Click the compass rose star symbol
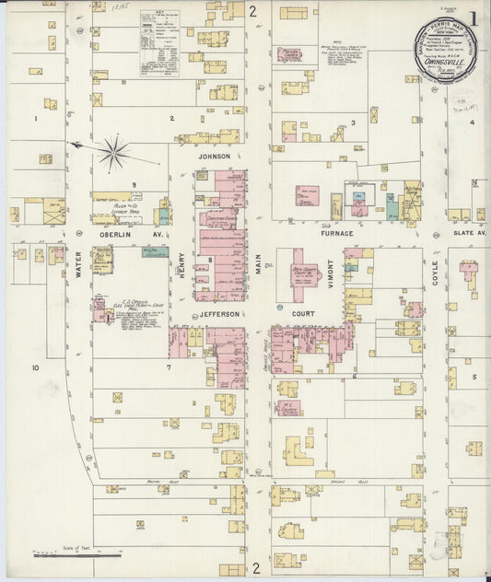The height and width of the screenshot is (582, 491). tap(114, 154)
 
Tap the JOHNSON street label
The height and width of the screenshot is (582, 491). tap(214, 157)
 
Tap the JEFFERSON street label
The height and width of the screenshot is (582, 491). tap(218, 314)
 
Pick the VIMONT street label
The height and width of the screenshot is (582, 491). tap(329, 274)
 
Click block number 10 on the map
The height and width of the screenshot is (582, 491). tap(35, 367)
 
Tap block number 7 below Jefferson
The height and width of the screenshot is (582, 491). tap(169, 367)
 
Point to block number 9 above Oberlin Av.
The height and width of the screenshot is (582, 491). tap(134, 185)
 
